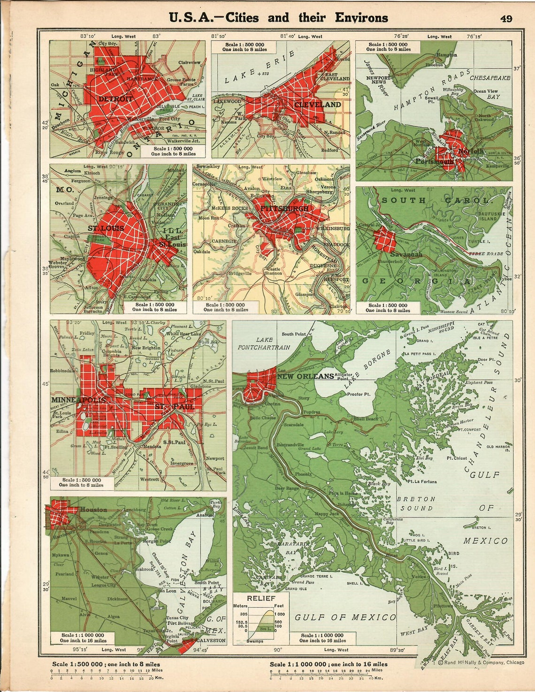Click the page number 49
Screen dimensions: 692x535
pos(506,18)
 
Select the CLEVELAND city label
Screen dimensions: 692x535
pos(317,105)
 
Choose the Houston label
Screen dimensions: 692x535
pos(93,509)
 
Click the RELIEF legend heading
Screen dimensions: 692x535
pos(261,598)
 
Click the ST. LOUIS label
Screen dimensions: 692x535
pos(106,228)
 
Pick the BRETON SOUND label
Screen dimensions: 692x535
pos(416,503)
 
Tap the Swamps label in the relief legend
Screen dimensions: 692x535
pos(255,641)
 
